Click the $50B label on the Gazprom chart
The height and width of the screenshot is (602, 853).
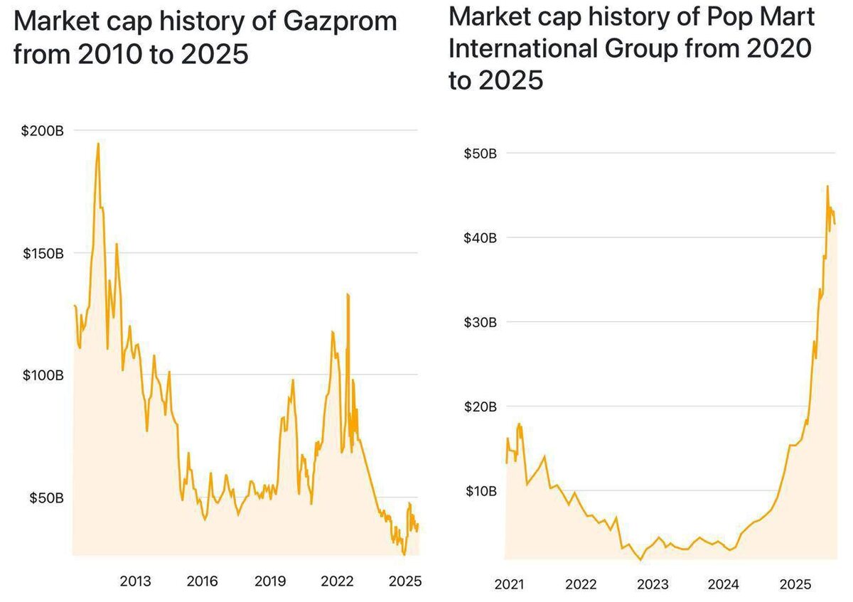46,498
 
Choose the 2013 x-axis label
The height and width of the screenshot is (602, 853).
135,581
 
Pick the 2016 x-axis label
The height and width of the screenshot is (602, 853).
203,581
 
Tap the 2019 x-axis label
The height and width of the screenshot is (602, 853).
270,581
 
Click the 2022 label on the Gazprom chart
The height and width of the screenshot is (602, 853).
337,581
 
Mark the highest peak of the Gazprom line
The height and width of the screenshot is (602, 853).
97,144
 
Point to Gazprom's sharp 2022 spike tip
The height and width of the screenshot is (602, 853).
348,294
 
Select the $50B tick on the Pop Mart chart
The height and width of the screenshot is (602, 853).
481,153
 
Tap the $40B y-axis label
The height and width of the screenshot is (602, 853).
481,237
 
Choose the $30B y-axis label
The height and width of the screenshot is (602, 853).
481,322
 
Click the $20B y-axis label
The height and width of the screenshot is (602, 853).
481,407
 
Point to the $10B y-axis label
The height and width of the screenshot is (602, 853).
481,491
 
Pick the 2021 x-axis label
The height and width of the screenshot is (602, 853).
509,585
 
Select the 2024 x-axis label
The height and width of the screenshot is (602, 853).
724,585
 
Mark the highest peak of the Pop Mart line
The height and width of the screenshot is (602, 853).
827,186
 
